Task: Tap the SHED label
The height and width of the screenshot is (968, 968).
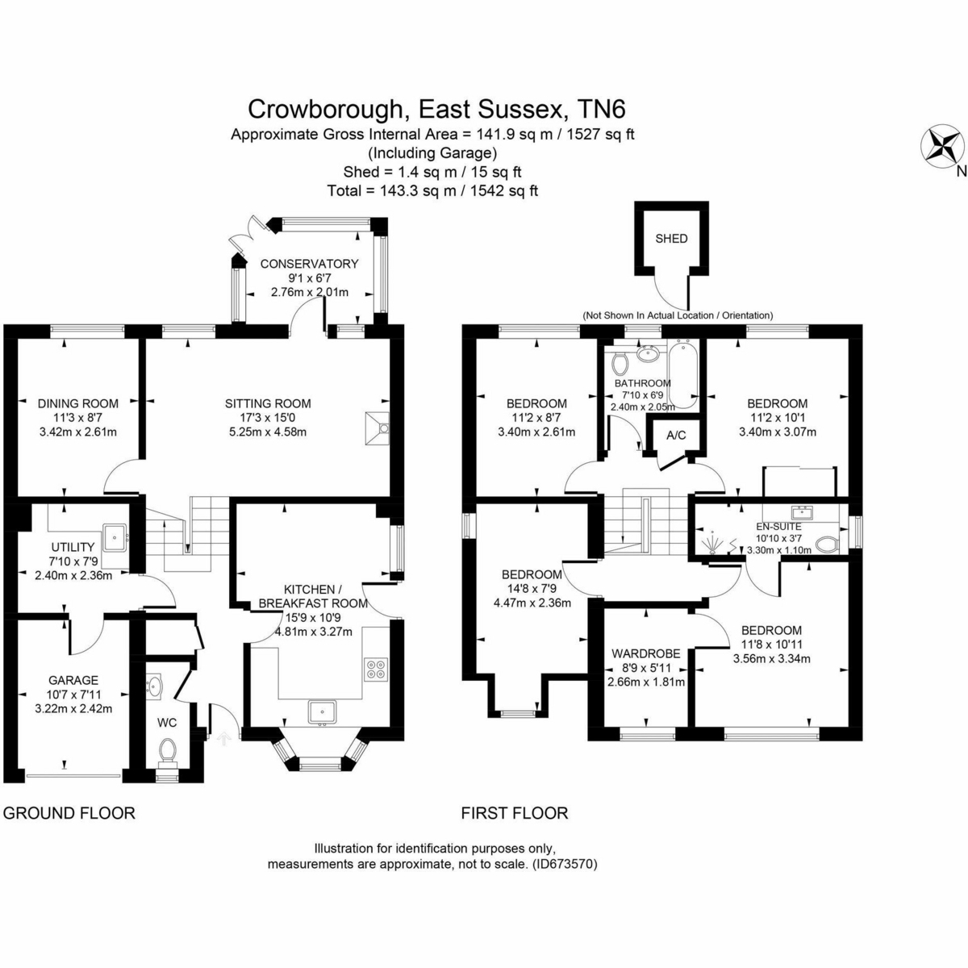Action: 672,239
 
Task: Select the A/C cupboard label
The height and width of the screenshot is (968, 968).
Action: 676,435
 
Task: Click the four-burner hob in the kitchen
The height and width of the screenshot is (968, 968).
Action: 376,669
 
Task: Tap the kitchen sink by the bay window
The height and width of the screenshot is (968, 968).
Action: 323,713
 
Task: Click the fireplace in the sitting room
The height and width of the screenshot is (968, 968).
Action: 378,428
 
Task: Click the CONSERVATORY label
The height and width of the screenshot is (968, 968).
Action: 309,264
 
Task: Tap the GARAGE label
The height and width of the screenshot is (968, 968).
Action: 73,680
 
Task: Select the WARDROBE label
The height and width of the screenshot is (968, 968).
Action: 646,653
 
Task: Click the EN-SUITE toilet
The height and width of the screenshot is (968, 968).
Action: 827,544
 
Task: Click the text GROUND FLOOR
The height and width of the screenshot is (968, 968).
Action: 69,813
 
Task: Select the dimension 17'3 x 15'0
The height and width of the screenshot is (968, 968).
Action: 269,417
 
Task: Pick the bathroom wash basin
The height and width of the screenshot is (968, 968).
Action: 649,354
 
